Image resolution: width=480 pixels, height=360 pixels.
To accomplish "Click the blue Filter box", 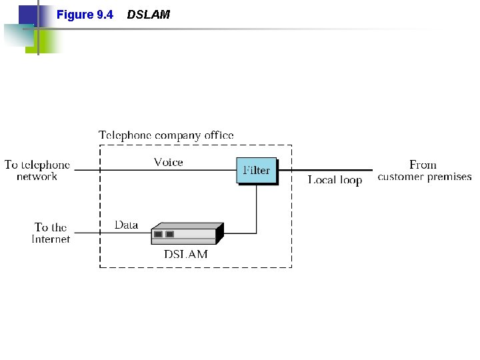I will (x=256, y=170).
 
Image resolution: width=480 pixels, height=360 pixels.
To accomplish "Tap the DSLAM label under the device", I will (x=186, y=254).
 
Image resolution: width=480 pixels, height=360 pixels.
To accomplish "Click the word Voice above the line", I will (x=168, y=162).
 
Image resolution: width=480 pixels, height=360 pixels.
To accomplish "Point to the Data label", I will (x=126, y=225).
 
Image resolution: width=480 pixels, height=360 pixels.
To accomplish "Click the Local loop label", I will (x=335, y=180).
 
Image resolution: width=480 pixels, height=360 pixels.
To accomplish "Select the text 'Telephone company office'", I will (x=166, y=135).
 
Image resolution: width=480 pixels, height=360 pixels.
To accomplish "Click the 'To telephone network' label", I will (x=37, y=171).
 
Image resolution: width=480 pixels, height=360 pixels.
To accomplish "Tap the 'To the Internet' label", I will (x=51, y=233).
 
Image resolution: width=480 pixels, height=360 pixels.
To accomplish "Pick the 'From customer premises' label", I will (x=424, y=171).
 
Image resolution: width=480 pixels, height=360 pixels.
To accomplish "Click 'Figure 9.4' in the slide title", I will (x=85, y=14).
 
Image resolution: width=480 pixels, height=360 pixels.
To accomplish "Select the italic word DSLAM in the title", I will (x=148, y=14).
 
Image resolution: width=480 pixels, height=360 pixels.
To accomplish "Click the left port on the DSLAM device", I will (x=158, y=234).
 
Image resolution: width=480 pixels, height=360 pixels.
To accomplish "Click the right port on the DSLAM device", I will (x=170, y=234).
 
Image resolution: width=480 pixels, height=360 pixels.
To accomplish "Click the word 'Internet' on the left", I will (x=51, y=239).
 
